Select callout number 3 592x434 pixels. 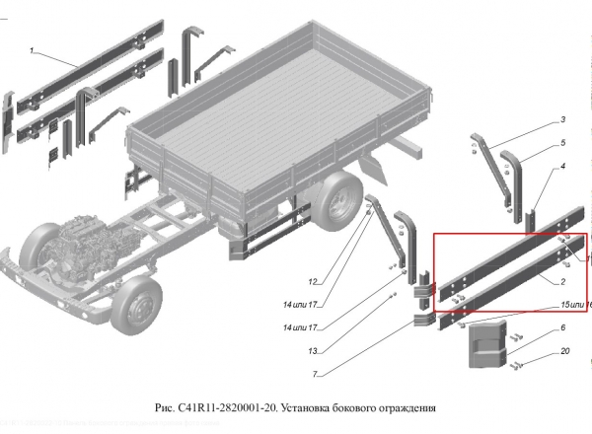(x=563, y=120)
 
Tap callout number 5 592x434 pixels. (x=563, y=143)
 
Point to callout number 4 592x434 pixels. (x=563, y=167)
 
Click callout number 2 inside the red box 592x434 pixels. (x=561, y=280)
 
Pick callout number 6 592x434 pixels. (x=563, y=327)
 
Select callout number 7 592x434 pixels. (x=316, y=375)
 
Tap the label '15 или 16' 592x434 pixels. (x=575, y=304)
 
